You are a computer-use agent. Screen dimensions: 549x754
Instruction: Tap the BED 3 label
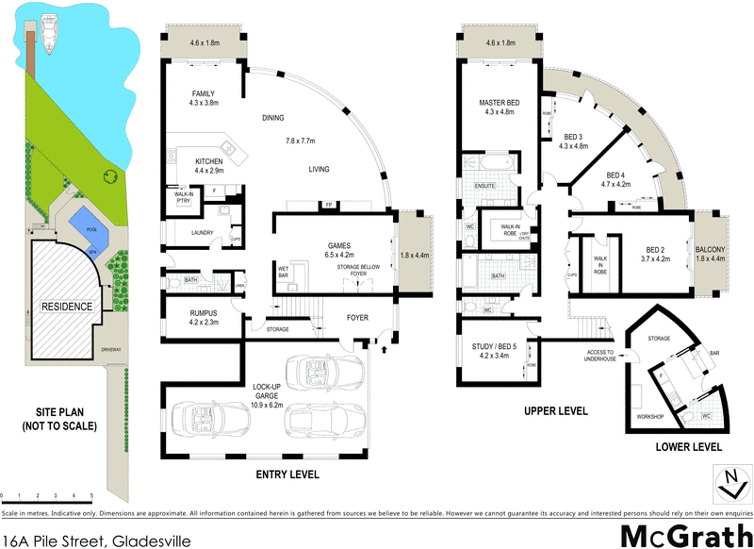(573, 137)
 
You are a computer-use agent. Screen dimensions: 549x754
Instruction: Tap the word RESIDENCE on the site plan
(65, 307)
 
